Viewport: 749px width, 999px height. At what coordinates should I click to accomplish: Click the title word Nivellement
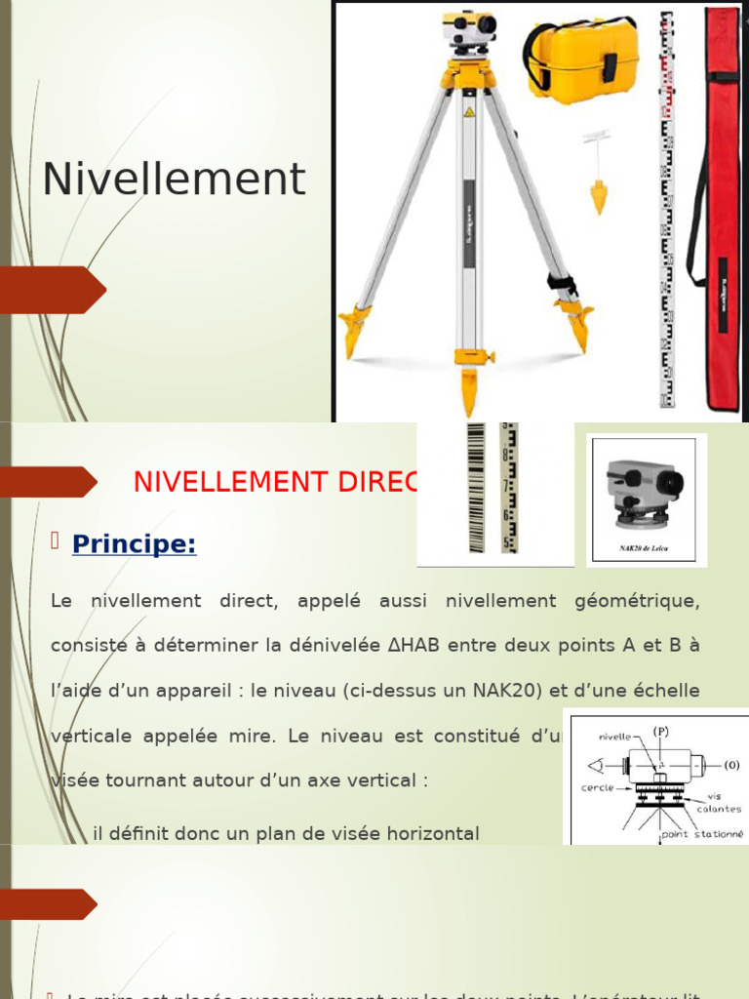[x=174, y=180]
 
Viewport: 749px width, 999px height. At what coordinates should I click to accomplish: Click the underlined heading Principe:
[x=134, y=544]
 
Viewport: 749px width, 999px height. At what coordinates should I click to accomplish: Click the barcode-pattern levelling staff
[x=476, y=488]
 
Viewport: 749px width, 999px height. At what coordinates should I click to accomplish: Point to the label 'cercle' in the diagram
[x=597, y=787]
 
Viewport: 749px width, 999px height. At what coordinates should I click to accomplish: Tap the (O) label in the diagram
[x=729, y=764]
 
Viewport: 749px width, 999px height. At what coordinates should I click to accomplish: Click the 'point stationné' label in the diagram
[x=702, y=834]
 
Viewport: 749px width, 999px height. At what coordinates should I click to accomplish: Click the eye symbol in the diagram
[x=586, y=764]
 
